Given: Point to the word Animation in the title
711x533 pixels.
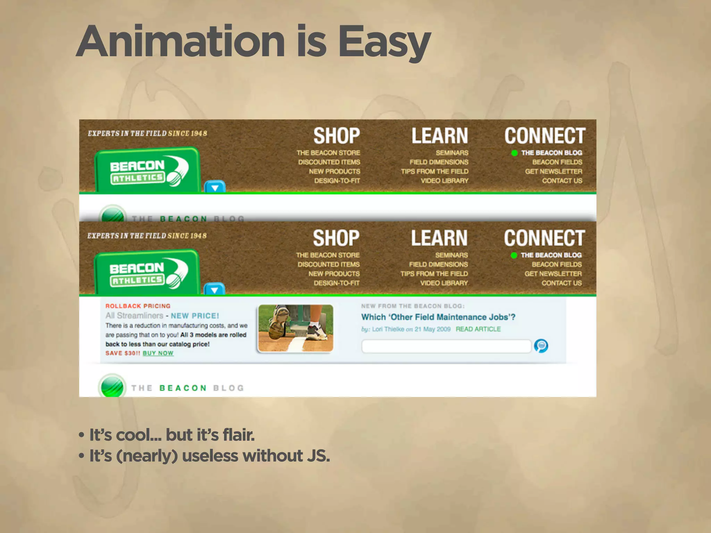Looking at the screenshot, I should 181,42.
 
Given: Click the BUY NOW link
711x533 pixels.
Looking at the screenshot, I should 158,353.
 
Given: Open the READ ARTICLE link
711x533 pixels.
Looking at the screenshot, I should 478,329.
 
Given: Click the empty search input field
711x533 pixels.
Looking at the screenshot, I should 446,346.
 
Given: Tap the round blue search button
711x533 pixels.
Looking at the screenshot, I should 541,346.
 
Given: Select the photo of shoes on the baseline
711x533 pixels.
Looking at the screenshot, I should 296,328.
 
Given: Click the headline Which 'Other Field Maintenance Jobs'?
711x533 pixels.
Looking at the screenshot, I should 438,317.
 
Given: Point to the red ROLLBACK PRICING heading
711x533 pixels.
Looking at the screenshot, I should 138,306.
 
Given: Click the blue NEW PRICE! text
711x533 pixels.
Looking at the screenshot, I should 195,316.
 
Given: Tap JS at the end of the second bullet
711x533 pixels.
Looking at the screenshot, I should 318,456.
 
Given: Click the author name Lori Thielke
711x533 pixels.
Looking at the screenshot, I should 388,329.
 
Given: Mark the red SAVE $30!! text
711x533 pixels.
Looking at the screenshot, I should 123,353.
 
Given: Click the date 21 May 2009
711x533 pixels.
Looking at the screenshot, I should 432,329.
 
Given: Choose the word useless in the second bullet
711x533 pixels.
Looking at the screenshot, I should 210,456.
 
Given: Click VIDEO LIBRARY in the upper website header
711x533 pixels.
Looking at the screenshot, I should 444,181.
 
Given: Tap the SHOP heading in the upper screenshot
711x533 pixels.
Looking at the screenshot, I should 336,136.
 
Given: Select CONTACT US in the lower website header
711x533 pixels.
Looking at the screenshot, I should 561,283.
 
